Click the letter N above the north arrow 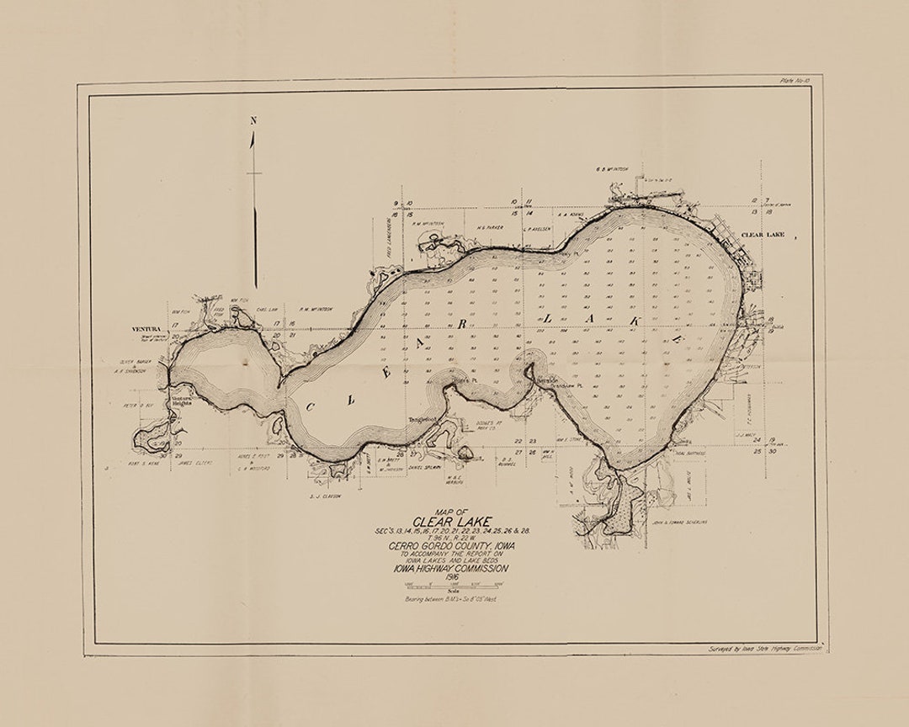pos(252,120)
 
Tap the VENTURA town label pos(147,328)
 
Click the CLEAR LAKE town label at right pos(763,235)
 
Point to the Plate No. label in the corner pos(795,80)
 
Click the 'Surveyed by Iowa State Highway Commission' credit pos(763,650)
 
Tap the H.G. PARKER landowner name pos(489,226)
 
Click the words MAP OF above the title pos(451,511)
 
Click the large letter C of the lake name pos(311,406)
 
